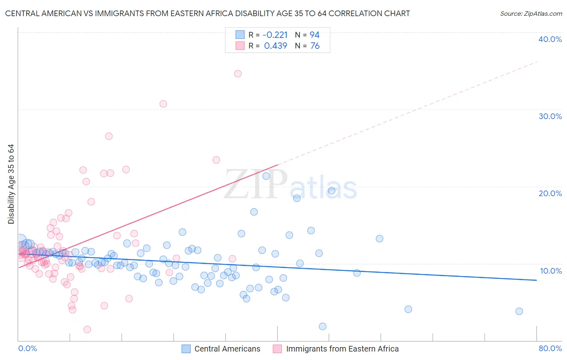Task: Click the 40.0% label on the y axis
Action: point(550,39)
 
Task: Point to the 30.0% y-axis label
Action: point(550,116)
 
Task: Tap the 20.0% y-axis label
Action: point(550,193)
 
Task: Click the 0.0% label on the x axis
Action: point(27,348)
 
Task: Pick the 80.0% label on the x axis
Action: point(550,348)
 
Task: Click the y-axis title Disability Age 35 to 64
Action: point(11,184)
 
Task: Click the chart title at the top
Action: point(207,13)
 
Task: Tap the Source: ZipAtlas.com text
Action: point(531,13)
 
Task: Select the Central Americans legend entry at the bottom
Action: point(227,349)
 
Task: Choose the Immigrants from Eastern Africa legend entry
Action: point(342,349)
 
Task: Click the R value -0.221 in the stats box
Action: point(275,35)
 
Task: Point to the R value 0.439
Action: point(275,46)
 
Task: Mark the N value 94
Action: point(315,35)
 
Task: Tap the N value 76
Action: point(315,46)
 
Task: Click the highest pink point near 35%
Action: point(238,73)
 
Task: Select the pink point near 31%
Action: point(163,104)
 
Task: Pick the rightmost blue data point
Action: point(519,311)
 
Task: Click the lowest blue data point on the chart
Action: point(323,327)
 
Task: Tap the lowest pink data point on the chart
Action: point(87,329)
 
